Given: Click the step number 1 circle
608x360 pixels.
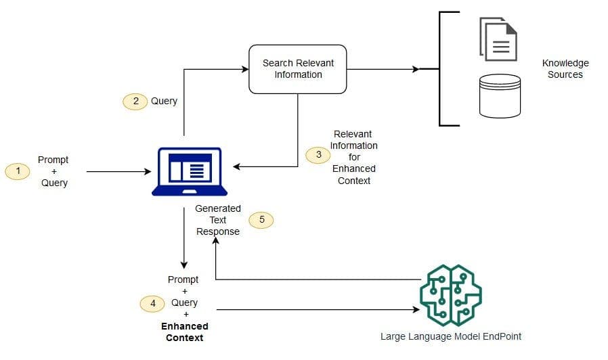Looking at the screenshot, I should point(18,172).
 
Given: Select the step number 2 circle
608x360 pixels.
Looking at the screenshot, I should point(135,101).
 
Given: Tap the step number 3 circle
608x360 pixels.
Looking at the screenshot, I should point(318,154).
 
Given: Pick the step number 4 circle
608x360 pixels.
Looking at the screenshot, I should point(153,303).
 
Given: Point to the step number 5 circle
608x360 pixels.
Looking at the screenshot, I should point(261,220).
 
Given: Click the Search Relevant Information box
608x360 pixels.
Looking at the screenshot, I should point(298,69).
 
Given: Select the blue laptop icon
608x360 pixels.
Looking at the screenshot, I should point(186,171).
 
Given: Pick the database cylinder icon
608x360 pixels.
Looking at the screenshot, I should point(500,95).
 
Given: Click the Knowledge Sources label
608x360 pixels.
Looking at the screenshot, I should point(565,69).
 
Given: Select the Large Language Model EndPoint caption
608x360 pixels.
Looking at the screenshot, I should point(450,336).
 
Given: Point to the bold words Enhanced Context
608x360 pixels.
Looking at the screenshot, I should point(184,332).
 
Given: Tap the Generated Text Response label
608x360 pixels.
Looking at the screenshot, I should point(218,220).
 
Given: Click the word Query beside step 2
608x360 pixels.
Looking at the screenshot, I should point(164,101).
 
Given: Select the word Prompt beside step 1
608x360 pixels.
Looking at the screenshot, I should point(53,160).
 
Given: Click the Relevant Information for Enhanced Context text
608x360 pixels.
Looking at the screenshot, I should point(353,158).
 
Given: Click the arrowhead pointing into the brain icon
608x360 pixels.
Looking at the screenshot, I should point(415,310).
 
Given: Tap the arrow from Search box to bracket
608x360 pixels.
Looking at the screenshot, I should point(383,69).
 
